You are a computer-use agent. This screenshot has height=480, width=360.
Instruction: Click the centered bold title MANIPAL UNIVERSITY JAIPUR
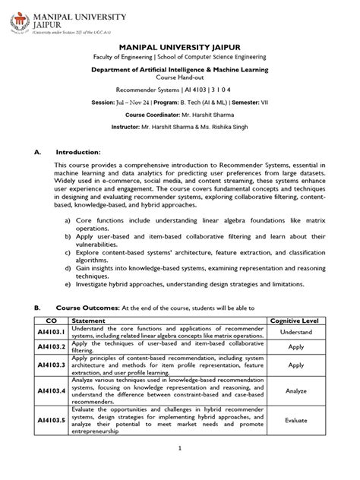pyautogui.click(x=180, y=68)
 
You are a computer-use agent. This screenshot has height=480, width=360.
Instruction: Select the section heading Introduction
pyautogui.click(x=78, y=173)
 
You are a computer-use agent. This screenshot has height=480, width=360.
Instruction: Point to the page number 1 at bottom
pyautogui.click(x=180, y=469)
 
